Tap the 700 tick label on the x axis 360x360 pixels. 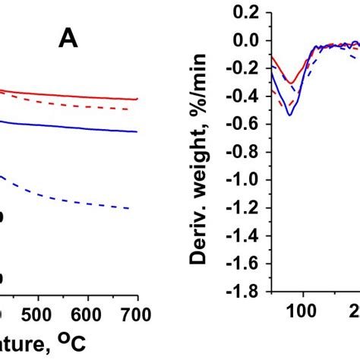(137, 314)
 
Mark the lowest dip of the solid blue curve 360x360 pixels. (289, 115)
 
